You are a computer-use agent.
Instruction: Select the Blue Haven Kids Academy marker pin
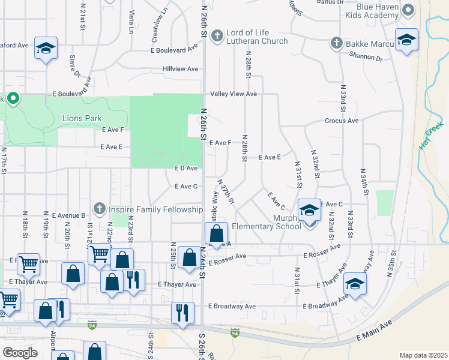point(408,10)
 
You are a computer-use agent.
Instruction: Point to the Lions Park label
point(82,119)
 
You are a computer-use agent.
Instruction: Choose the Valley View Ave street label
point(234,94)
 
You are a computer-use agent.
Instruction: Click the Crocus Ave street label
point(342,121)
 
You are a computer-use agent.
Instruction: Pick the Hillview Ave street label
point(180,69)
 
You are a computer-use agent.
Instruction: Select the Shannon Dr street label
point(365,57)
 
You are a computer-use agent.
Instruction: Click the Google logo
point(20,353)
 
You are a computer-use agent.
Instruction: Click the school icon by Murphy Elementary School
point(309,211)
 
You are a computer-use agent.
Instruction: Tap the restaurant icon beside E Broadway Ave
point(182,313)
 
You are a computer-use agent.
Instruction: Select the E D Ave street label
point(186,169)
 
